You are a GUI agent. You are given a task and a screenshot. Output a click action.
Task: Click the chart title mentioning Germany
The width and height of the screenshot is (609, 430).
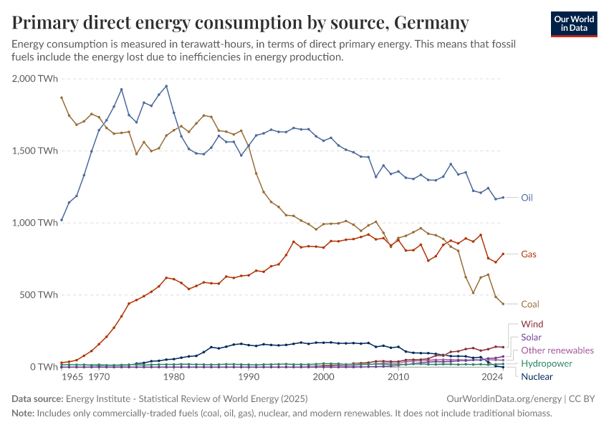241,23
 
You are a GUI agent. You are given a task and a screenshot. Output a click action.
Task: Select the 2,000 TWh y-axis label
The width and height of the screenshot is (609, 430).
34,78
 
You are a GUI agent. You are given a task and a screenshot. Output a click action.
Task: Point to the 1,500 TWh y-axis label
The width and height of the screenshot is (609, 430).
35,150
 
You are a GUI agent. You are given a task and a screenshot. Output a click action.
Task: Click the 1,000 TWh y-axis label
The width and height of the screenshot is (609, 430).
35,223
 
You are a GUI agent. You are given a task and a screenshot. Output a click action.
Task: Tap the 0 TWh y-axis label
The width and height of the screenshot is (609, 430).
44,367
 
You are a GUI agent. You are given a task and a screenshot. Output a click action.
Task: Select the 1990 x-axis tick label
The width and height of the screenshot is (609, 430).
249,377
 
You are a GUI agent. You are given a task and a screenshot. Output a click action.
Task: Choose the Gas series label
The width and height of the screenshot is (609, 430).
529,254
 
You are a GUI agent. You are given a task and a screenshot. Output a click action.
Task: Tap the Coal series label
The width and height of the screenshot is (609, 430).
531,304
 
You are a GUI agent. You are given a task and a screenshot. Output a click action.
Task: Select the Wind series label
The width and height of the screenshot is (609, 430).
532,324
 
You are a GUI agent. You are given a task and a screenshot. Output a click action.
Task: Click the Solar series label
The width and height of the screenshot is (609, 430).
532,337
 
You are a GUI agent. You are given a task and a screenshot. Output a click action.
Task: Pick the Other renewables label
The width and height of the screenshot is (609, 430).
557,350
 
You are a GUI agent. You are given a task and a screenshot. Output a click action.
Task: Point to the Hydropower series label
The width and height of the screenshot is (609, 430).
547,363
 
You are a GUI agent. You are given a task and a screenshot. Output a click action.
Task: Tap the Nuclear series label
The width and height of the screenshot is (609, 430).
537,376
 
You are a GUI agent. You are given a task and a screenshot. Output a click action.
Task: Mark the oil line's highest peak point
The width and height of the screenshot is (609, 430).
166,86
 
